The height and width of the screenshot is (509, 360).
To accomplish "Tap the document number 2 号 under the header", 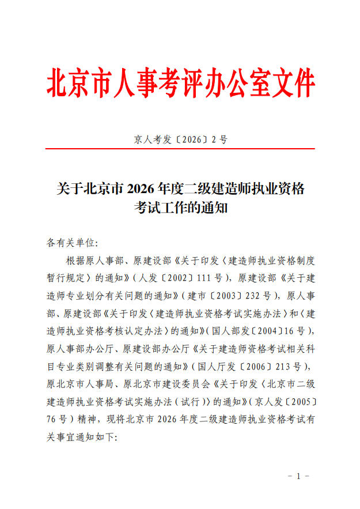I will (219, 139).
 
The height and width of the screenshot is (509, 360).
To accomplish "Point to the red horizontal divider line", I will (180, 149).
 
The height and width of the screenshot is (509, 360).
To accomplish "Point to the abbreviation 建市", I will (196, 296).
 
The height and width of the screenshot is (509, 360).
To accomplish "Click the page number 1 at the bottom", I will (298, 476).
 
